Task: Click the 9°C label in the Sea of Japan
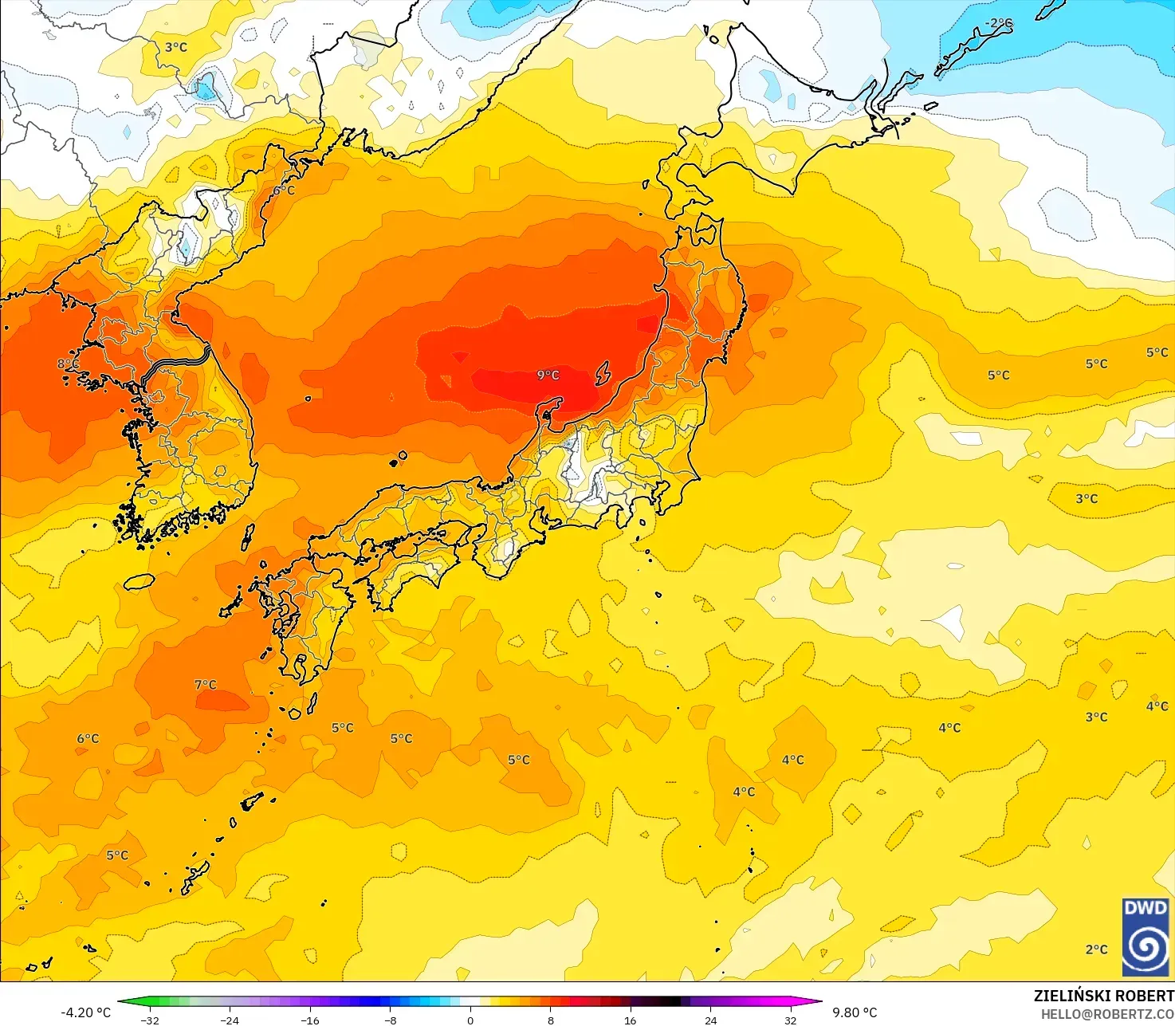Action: pos(548,375)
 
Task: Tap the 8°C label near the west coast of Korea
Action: pos(68,364)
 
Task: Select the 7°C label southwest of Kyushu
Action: pos(206,684)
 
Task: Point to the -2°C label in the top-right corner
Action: pos(999,24)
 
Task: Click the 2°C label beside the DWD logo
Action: pos(1096,949)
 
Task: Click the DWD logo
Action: pos(1146,937)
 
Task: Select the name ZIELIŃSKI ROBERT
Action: pos(1103,996)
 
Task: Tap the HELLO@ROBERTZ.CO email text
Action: pos(1107,1013)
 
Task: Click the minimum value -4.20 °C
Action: pos(86,1012)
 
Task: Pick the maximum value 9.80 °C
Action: pos(855,1012)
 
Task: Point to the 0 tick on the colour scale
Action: pos(470,1020)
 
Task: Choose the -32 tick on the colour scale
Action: pos(150,1020)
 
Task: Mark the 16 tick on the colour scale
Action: pos(631,1020)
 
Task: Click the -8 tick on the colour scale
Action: pos(391,1020)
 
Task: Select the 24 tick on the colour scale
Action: pos(710,1020)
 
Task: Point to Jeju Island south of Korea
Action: pos(140,582)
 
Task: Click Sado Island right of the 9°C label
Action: pos(603,372)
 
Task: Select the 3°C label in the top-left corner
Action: pos(176,47)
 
